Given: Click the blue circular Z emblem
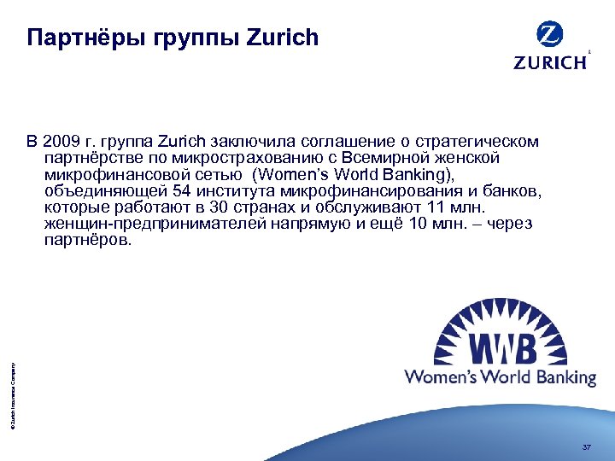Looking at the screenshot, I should [550, 35].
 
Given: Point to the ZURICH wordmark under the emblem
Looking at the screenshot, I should [550, 61].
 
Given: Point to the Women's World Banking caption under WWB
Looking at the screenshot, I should [500, 376].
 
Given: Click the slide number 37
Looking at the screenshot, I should [586, 446].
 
